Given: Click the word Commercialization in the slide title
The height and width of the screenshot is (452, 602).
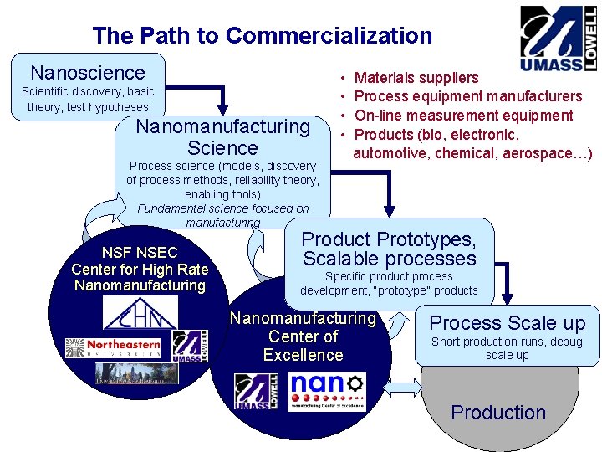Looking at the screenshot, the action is (329, 36).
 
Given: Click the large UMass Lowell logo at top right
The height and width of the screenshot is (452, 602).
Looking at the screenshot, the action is (558, 39).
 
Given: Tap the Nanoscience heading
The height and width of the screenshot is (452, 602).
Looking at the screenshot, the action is (88, 73).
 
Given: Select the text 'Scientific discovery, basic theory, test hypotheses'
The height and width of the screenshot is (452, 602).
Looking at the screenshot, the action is (88, 99).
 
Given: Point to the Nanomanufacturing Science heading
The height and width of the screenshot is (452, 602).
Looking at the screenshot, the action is (222, 137).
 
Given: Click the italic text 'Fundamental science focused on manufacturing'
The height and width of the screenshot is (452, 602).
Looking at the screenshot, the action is (222, 215).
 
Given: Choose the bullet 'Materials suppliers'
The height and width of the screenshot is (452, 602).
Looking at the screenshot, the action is (416, 78).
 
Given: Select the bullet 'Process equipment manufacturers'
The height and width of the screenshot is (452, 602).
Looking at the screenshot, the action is (468, 96).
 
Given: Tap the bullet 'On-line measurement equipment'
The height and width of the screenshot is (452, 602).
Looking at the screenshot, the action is (464, 116).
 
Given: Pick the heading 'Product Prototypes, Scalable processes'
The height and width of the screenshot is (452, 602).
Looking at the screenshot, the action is (389, 249).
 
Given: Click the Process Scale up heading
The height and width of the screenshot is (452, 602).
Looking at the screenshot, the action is (508, 323).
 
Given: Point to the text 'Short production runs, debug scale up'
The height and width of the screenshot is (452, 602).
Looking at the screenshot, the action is (508, 348).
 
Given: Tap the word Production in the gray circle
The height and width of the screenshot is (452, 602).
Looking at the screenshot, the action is (498, 413).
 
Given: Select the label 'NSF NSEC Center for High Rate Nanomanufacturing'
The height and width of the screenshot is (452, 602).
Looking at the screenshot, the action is (140, 269).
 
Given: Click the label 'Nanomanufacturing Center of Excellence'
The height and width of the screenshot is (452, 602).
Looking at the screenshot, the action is (303, 336).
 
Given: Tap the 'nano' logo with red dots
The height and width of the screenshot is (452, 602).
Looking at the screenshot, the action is (326, 392).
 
